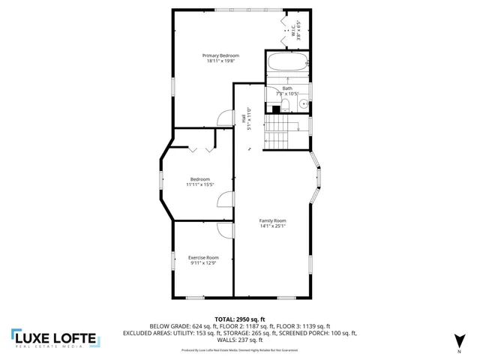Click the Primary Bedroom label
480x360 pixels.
pyautogui.click(x=221, y=55)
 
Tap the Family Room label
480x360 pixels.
pyautogui.click(x=273, y=220)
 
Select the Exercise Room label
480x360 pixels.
pyautogui.click(x=203, y=257)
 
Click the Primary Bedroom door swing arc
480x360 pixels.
pyautogui.click(x=223, y=117)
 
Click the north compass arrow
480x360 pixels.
pyautogui.click(x=458, y=340)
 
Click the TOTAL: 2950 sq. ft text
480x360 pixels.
pyautogui.click(x=239, y=319)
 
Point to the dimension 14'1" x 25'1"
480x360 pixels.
pyautogui.click(x=273, y=226)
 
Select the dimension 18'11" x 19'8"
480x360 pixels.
pyautogui.click(x=221, y=61)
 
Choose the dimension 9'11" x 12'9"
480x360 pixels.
pyautogui.click(x=203, y=263)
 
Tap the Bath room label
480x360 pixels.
pyautogui.click(x=287, y=88)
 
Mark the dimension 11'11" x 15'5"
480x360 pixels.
pyautogui.click(x=200, y=184)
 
